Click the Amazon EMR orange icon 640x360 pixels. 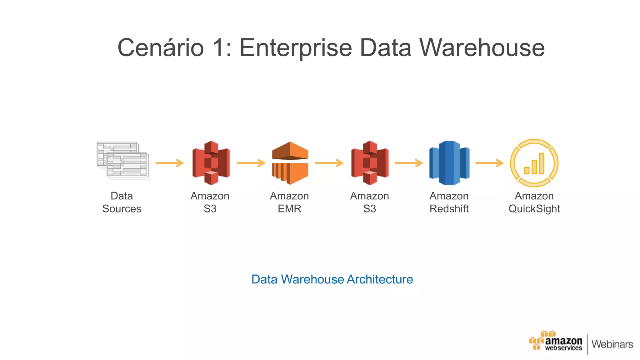pyautogui.click(x=290, y=163)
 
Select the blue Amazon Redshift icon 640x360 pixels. pyautogui.click(x=449, y=163)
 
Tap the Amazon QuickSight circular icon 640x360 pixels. pyautogui.click(x=534, y=163)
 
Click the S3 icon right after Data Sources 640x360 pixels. pyautogui.click(x=211, y=163)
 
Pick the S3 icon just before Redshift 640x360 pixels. pyautogui.click(x=370, y=163)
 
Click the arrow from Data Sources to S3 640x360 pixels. pyautogui.click(x=170, y=163)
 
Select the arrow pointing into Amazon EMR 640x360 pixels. pyautogui.click(x=251, y=163)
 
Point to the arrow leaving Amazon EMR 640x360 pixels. pyautogui.click(x=329, y=163)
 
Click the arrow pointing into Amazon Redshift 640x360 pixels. pyautogui.click(x=409, y=163)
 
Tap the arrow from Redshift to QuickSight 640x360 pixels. pyautogui.click(x=489, y=163)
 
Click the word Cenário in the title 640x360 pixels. pyautogui.click(x=160, y=48)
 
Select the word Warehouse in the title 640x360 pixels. pyautogui.click(x=482, y=48)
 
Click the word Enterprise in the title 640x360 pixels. pyautogui.click(x=296, y=48)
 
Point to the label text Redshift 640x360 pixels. pyautogui.click(x=449, y=209)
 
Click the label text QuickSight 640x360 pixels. pyautogui.click(x=534, y=209)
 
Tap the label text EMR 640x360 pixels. pyautogui.click(x=289, y=209)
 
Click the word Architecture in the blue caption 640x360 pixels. pyautogui.click(x=380, y=279)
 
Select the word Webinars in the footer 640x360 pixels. pyautogui.click(x=612, y=344)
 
